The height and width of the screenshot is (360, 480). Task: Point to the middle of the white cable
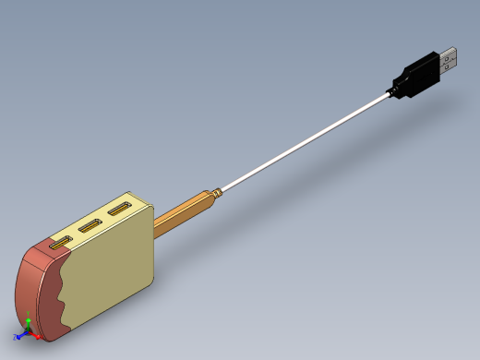pyautogui.click(x=305, y=139)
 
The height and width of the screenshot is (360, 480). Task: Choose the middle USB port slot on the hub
pyautogui.click(x=90, y=226)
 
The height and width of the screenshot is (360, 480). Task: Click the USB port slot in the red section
pyautogui.click(x=60, y=244)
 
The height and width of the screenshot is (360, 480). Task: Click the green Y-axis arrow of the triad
pyautogui.click(x=28, y=323)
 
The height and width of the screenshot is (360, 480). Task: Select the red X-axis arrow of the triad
pyautogui.click(x=37, y=336)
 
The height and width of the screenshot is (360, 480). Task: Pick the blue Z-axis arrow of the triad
pyautogui.click(x=18, y=337)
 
